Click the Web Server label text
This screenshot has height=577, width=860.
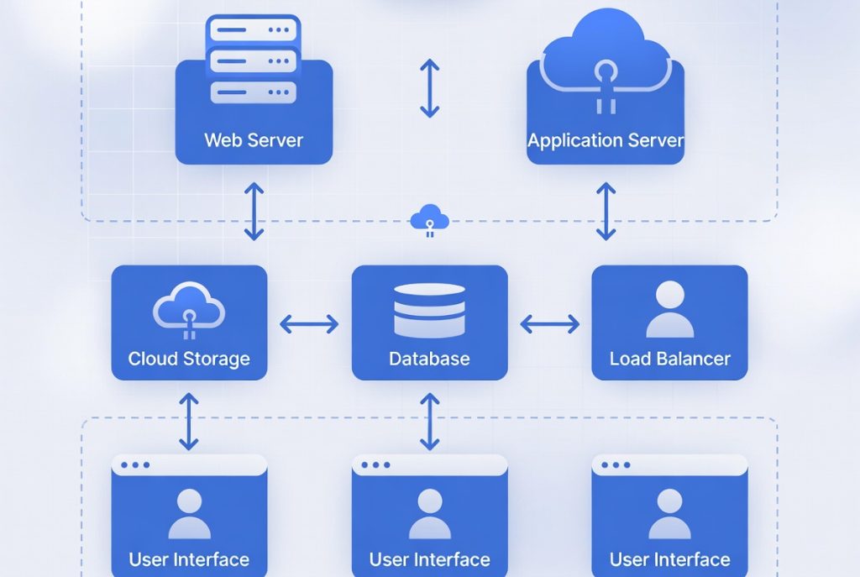[254, 139]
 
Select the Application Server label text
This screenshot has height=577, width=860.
[606, 140]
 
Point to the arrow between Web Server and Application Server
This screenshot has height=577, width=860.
[430, 87]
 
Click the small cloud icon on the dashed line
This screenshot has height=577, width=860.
[429, 220]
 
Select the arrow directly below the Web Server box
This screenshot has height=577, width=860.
[254, 211]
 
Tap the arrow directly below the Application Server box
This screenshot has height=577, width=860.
[606, 211]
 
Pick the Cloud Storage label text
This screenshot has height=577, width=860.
[189, 359]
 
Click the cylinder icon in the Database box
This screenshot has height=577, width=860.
[429, 310]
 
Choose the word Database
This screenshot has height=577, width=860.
[429, 359]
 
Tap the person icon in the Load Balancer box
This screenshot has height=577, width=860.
[669, 309]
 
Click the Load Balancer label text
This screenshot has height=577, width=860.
[669, 359]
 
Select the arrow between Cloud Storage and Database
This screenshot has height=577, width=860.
[309, 323]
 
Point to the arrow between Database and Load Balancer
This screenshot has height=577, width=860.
[550, 323]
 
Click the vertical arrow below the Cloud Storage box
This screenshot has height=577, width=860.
[189, 420]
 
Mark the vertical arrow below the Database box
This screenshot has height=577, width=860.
[429, 420]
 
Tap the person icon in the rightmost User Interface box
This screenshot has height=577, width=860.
[669, 514]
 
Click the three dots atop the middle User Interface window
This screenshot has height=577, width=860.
[375, 464]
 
